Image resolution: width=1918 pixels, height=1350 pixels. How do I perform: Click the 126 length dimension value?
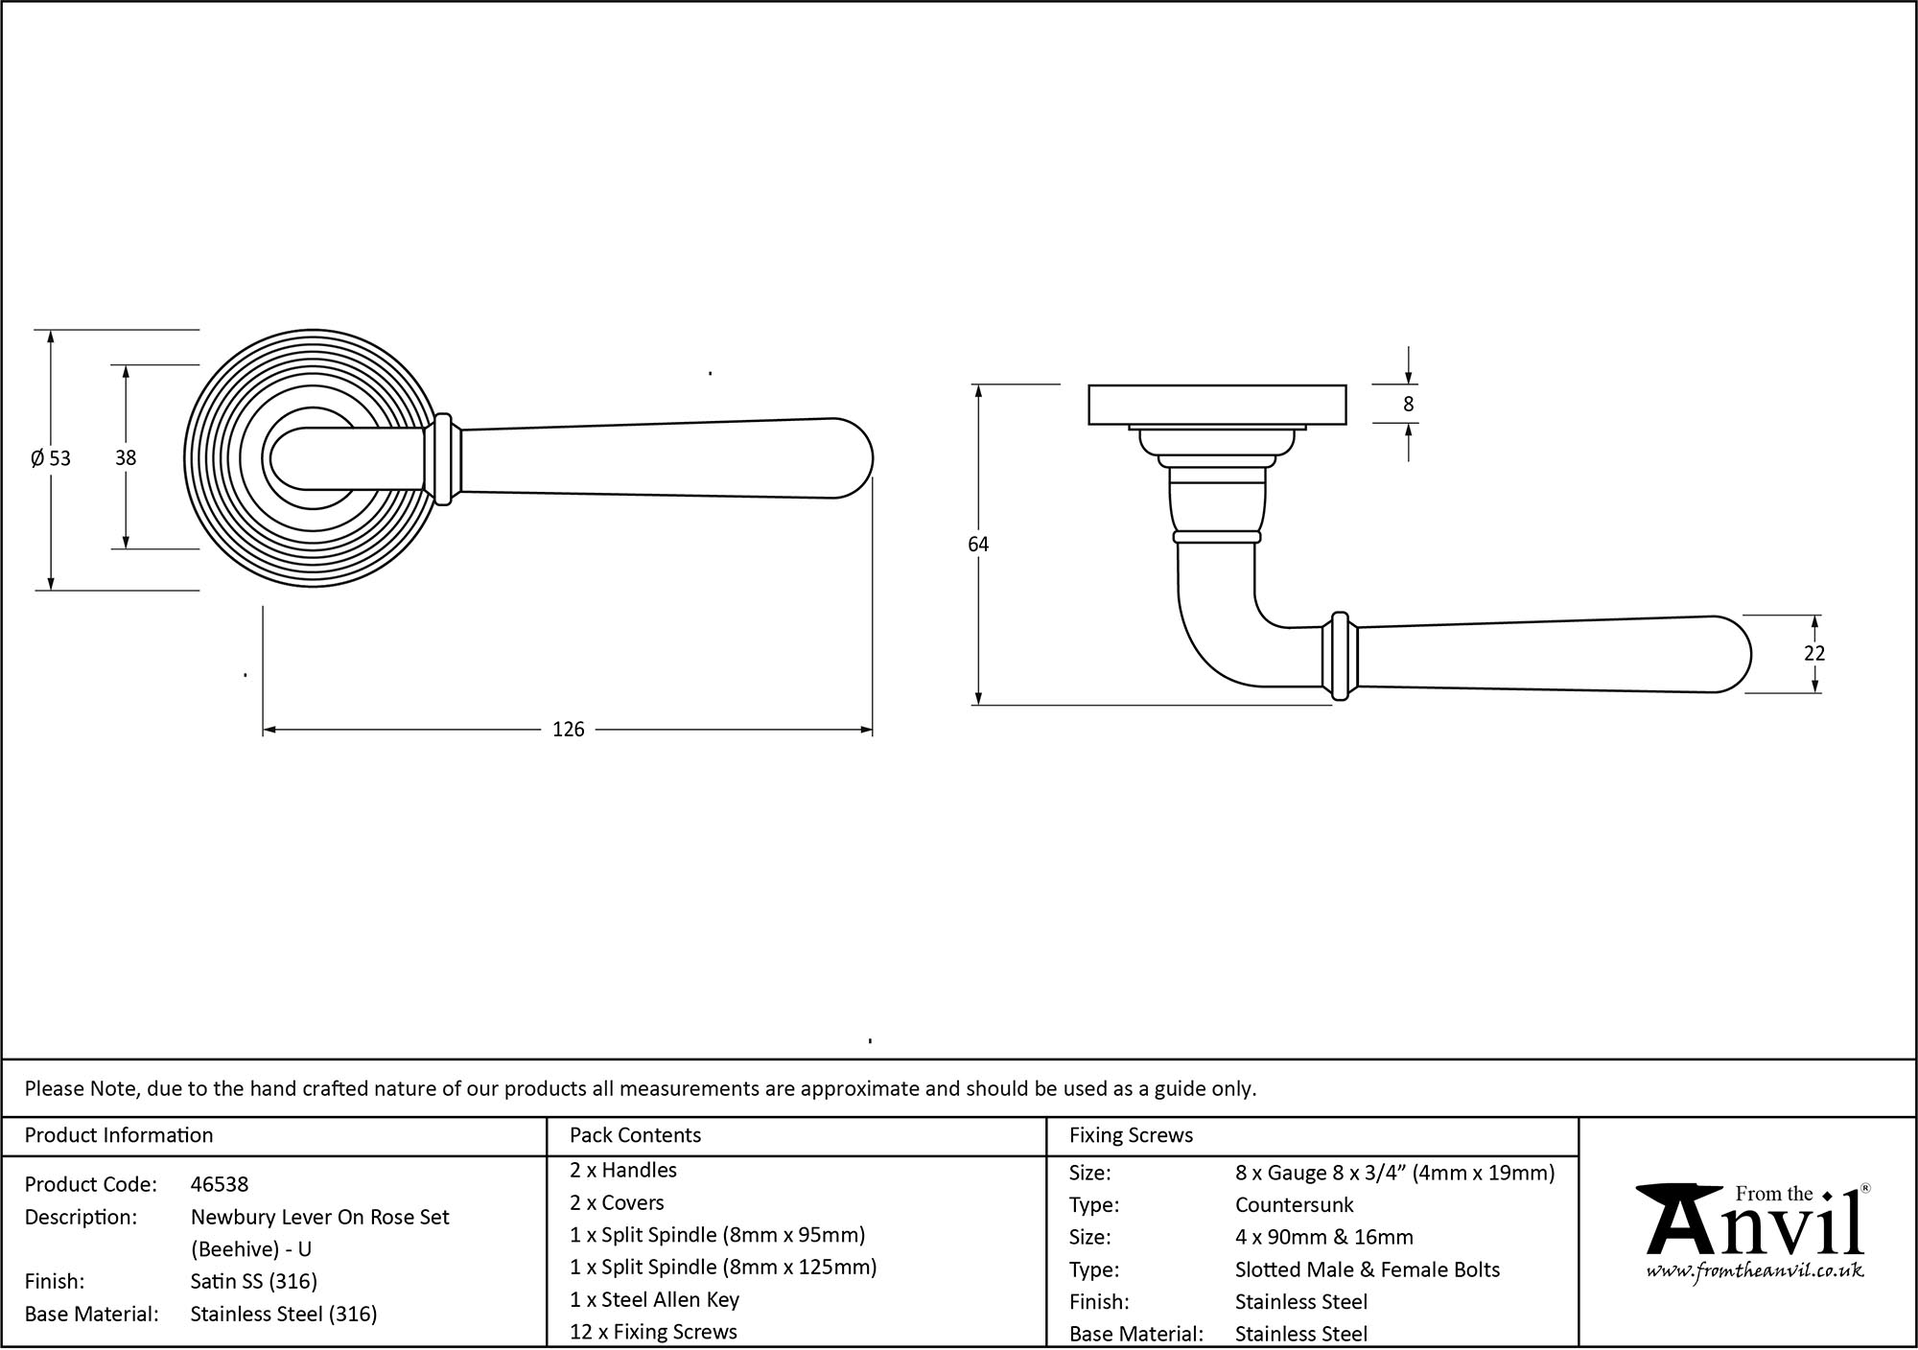(568, 731)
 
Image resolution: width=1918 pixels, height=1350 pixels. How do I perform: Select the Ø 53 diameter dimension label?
(51, 458)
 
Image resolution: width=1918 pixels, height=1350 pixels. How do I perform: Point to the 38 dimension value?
(126, 458)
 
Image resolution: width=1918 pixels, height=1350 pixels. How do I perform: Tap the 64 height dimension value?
(977, 545)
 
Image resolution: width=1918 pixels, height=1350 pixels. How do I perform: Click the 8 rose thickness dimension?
(1408, 405)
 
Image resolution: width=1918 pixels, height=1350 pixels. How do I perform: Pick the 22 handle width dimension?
(1813, 654)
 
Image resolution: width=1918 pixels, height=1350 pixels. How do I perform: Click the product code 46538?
(220, 1185)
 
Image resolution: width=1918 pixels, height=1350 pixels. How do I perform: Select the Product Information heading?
(119, 1136)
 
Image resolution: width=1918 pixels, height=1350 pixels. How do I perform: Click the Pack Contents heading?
(635, 1136)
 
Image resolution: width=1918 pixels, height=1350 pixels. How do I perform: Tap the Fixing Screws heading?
(1131, 1136)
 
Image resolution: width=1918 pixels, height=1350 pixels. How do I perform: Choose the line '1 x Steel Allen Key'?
(654, 1300)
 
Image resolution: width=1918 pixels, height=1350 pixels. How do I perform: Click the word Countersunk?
(1294, 1205)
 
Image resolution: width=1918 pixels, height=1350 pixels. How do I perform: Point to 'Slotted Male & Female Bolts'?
(1367, 1270)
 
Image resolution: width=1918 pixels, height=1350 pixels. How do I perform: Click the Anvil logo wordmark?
(1754, 1227)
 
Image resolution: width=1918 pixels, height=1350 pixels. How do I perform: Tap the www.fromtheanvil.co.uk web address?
(1754, 1271)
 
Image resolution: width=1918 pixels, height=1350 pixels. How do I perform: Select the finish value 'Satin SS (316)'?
(253, 1282)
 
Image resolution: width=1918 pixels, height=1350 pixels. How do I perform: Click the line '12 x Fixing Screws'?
(653, 1332)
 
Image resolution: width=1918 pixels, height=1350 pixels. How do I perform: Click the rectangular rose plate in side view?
(1217, 405)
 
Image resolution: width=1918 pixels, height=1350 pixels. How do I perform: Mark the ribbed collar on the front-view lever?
(444, 458)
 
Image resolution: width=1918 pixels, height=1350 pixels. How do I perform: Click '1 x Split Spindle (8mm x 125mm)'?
(722, 1268)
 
